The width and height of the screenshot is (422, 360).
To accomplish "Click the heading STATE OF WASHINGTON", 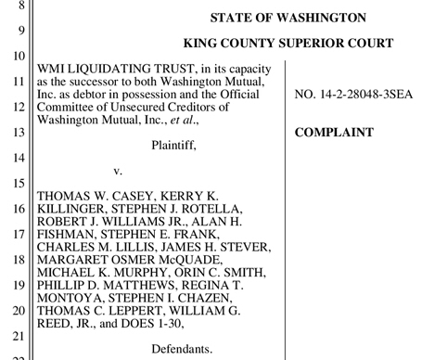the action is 288,18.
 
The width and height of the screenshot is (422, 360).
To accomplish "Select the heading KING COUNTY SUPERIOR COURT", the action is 288,44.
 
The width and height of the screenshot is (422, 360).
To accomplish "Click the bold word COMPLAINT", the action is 334,133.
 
